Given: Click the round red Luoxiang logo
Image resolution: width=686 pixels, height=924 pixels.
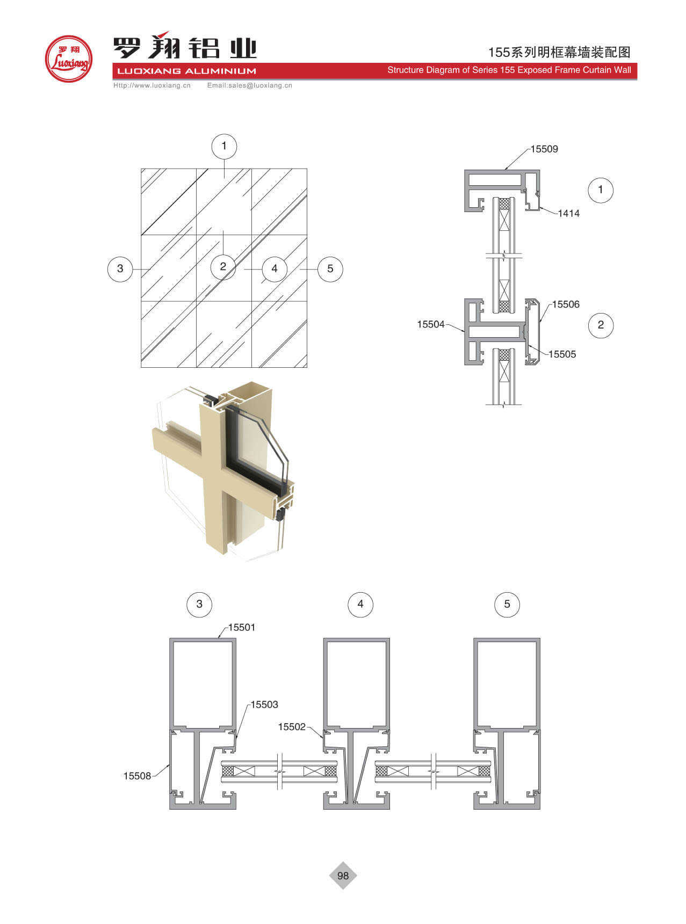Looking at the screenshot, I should (68, 59).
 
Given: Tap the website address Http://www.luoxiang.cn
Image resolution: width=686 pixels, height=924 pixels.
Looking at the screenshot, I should (152, 85).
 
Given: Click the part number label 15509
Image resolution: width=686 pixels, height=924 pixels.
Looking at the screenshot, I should (544, 149).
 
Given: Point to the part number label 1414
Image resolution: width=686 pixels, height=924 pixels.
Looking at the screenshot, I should (568, 214).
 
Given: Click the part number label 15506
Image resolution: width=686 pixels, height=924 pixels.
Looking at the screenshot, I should (566, 304).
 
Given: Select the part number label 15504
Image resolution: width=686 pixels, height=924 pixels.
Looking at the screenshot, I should (431, 324).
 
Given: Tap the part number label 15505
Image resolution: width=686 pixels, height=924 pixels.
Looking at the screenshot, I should (562, 354).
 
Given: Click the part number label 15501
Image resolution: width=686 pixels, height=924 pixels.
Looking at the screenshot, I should (242, 628).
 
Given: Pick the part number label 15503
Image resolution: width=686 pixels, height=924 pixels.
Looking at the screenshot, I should (264, 704).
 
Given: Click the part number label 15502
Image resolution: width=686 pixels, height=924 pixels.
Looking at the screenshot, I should (292, 727).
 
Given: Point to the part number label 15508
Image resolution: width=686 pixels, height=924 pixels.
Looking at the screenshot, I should (137, 776).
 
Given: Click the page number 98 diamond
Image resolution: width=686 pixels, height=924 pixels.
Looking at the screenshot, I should (343, 876).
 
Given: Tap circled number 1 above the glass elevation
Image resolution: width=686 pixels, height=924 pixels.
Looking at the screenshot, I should (224, 146).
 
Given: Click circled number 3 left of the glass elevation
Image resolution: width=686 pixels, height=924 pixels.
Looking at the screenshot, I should (120, 268).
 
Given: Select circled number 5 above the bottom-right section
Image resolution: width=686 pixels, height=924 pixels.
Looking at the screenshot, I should (507, 605).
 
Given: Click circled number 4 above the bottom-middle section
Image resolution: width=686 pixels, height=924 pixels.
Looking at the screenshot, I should (360, 605).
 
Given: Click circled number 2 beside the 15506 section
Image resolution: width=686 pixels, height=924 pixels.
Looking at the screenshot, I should (601, 325).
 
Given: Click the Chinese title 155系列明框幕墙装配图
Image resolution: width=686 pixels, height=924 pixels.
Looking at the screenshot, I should (559, 52).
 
